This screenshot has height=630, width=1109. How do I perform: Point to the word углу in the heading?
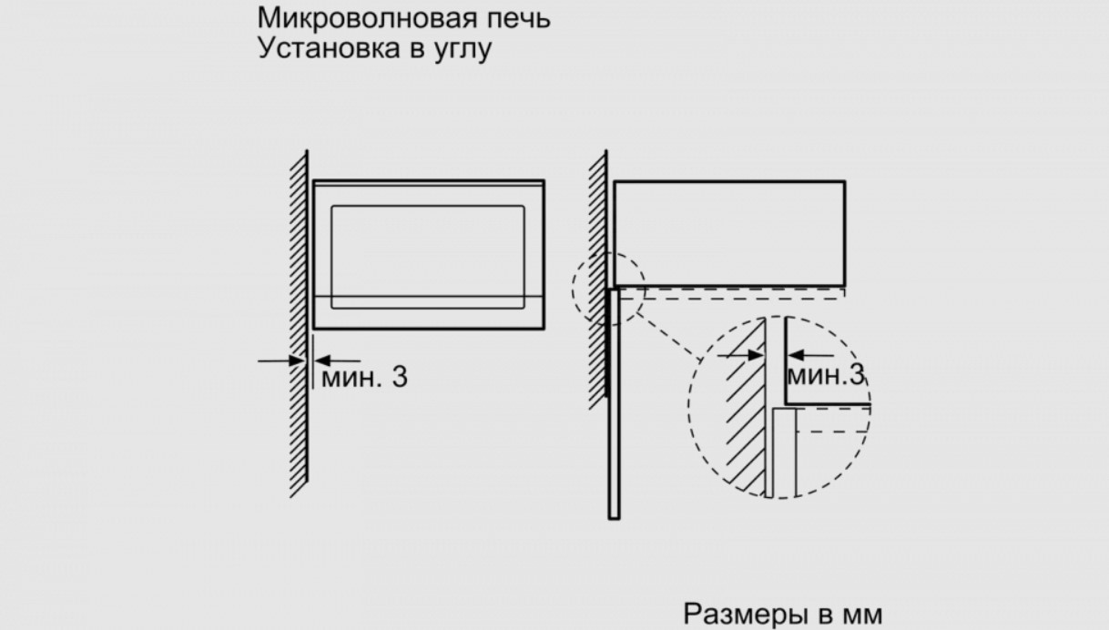tap(463, 49)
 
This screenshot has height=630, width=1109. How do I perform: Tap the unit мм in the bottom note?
tap(862, 615)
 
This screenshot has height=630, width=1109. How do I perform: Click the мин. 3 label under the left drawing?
tap(365, 377)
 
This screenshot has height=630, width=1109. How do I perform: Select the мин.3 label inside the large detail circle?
tap(825, 375)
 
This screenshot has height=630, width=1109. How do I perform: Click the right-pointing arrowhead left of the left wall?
tap(297, 361)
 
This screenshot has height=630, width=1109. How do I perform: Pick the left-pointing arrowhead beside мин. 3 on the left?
tap(322, 361)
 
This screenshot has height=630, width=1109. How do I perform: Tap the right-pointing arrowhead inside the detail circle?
tap(756, 355)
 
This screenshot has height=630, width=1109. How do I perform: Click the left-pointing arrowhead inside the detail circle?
tap(796, 355)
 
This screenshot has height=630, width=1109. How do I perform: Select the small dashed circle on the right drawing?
tap(573, 289)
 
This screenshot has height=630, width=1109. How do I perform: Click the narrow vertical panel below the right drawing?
tap(614, 403)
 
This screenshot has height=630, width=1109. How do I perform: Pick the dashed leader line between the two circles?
tap(669, 336)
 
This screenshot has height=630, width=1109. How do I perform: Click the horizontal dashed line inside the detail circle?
tap(832, 432)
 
